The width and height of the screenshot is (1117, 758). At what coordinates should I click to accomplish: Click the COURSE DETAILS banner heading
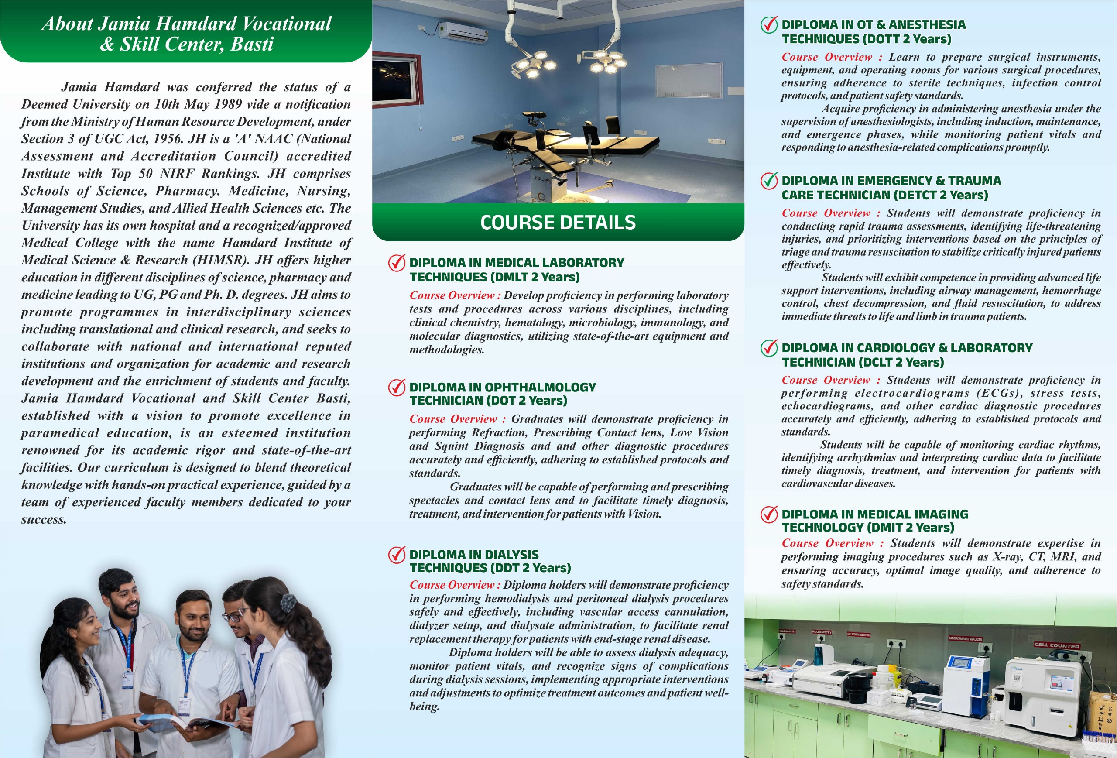(558, 223)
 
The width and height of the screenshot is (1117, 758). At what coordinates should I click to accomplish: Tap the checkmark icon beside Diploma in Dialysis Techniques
(397, 555)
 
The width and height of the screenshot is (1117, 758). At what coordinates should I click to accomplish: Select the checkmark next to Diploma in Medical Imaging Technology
(769, 514)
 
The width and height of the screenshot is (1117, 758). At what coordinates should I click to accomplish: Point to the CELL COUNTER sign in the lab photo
(1057, 645)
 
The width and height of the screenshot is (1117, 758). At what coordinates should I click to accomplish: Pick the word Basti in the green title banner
(252, 44)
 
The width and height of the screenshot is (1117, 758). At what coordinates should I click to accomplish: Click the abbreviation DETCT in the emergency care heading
(915, 195)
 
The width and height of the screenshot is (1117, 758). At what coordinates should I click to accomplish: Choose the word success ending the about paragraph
(43, 520)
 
